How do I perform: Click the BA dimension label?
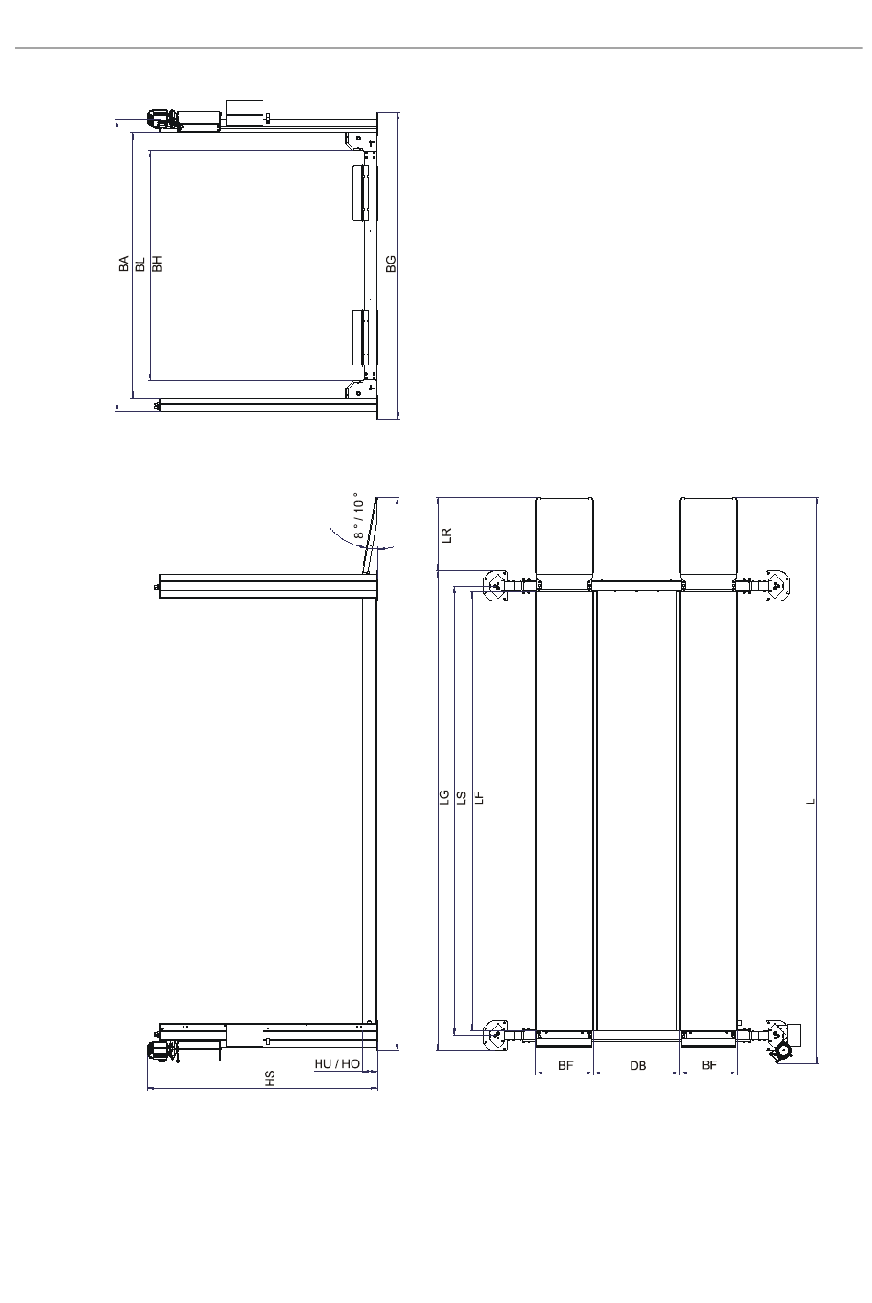pyautogui.click(x=123, y=264)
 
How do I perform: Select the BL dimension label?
pyautogui.click(x=140, y=264)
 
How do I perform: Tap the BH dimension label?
pyautogui.click(x=157, y=264)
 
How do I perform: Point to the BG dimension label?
pyautogui.click(x=391, y=264)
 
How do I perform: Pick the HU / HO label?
pyautogui.click(x=337, y=1064)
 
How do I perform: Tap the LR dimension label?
pyautogui.click(x=446, y=535)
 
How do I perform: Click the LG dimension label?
pyautogui.click(x=444, y=797)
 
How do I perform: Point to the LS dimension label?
pyautogui.click(x=463, y=798)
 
